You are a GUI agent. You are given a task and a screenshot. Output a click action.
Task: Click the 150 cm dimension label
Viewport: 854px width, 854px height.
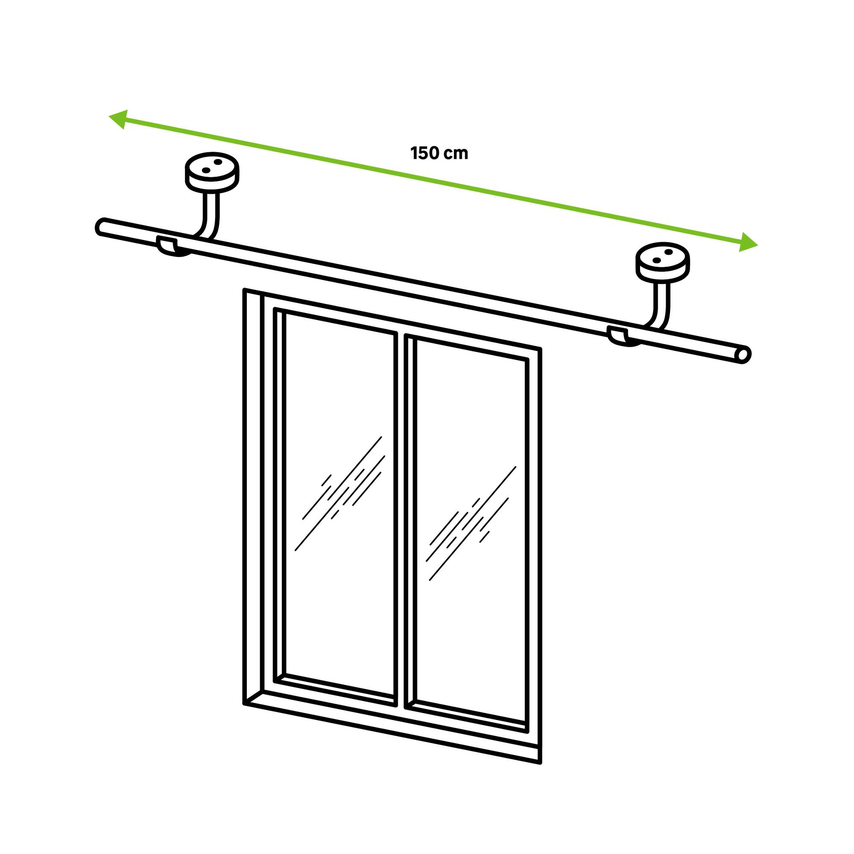tap(439, 153)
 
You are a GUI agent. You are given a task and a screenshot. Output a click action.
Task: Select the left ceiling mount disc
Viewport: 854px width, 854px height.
tap(212, 173)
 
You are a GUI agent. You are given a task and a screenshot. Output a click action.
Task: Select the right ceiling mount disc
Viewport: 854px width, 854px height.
tap(662, 263)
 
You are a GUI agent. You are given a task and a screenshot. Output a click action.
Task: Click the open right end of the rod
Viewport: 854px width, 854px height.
tap(744, 355)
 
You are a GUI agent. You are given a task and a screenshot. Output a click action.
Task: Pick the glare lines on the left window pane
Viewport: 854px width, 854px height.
tap(339, 493)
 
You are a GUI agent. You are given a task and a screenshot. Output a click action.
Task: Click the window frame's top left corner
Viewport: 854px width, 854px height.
tap(244, 290)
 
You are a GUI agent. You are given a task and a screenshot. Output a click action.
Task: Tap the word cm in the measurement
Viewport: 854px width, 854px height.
tap(456, 154)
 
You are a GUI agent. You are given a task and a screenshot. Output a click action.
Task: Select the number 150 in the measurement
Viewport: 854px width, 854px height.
tap(425, 153)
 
